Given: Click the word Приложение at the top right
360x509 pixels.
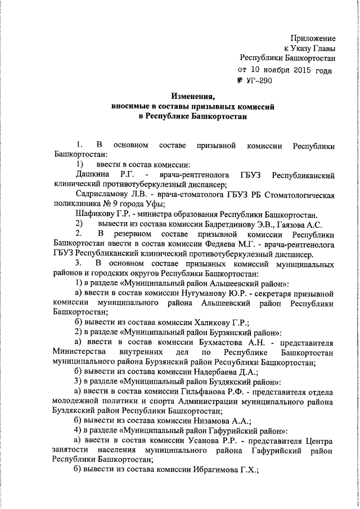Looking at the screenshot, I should [x=313, y=38].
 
